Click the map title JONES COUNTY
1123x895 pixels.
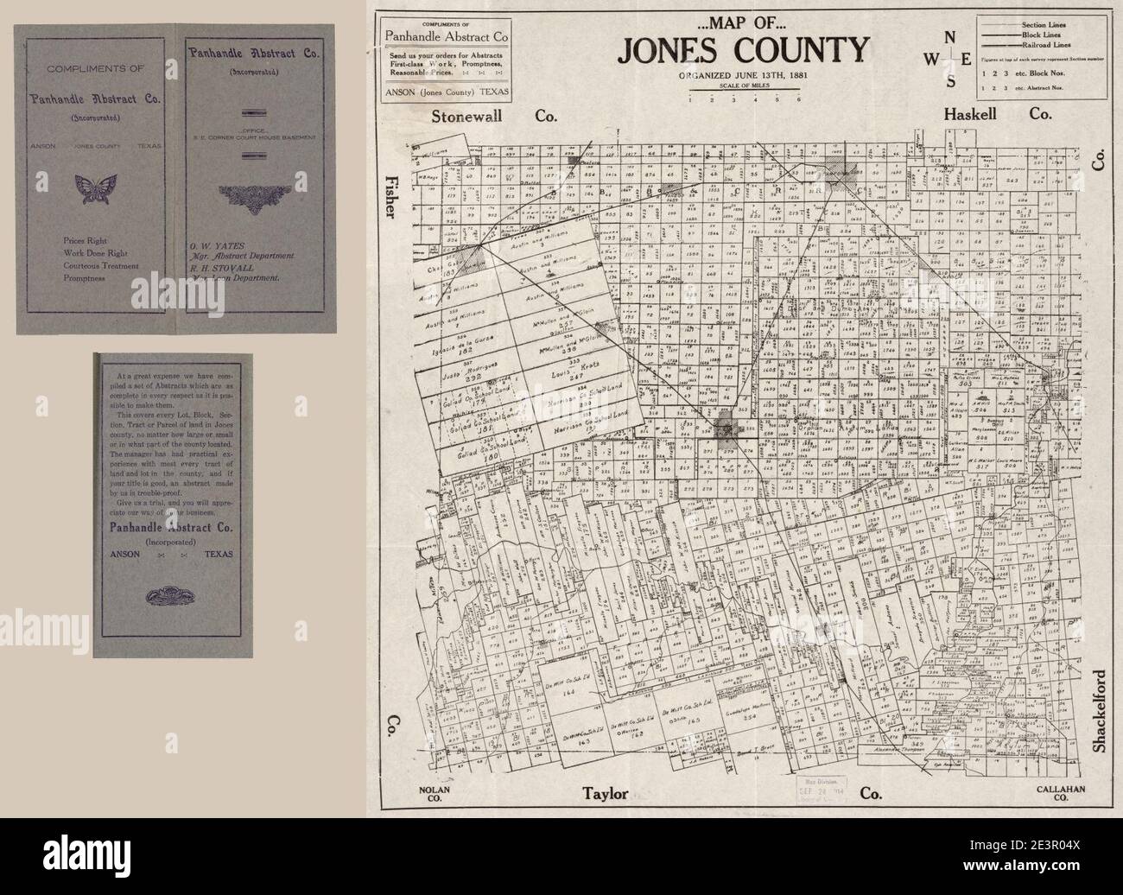[x=742, y=51]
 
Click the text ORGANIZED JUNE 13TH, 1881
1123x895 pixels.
[x=741, y=75]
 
